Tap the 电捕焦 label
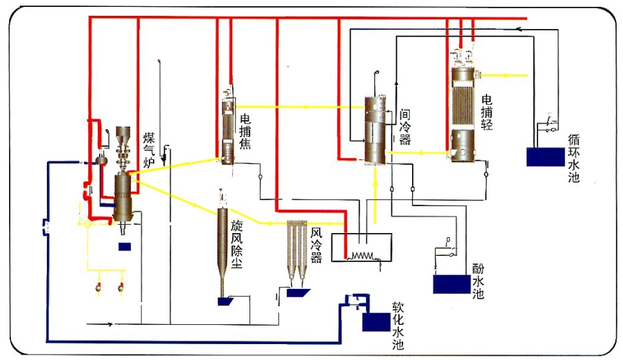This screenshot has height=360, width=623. click(245, 131)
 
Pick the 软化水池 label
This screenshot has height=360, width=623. click(398, 325)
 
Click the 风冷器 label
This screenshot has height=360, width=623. click(316, 247)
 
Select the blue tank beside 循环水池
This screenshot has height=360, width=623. click(544, 157)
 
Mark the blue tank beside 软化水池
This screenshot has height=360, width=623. click(375, 322)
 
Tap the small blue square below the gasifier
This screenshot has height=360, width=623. click(125, 246)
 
